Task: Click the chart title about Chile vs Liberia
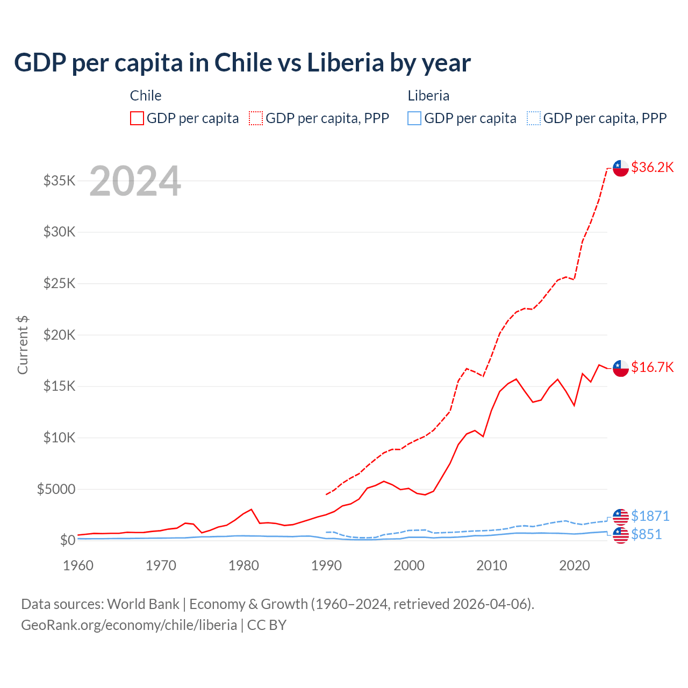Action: [242, 63]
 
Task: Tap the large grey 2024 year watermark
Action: [135, 182]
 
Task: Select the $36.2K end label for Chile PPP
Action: [652, 167]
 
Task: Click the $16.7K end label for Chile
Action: [652, 367]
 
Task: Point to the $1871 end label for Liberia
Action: [650, 516]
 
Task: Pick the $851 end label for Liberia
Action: [646, 534]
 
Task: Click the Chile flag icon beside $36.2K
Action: [621, 168]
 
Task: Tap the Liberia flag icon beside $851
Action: [621, 535]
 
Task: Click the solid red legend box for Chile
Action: [137, 118]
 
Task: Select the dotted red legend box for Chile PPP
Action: [256, 118]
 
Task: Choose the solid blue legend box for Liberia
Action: [414, 118]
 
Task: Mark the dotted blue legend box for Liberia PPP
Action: [534, 118]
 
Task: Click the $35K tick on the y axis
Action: [60, 181]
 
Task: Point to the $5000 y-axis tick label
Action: [56, 489]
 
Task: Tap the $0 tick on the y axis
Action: [67, 540]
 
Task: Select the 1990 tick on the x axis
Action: [326, 565]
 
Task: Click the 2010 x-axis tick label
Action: [492, 565]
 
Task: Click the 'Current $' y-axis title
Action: [23, 345]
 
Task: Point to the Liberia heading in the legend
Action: [428, 96]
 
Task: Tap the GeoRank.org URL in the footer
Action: [129, 625]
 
